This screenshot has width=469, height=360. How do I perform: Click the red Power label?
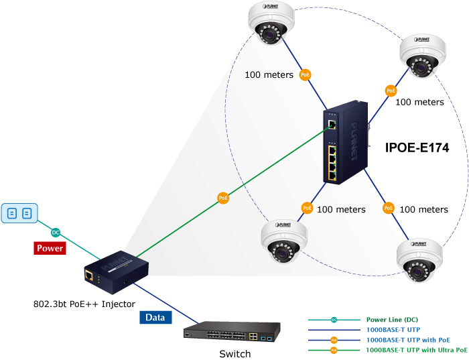(50, 248)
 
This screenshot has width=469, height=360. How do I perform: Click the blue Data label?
(155, 318)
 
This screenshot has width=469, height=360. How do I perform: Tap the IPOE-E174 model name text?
(417, 147)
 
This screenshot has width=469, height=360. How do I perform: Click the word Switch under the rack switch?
(235, 354)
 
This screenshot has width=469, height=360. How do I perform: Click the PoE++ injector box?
(116, 269)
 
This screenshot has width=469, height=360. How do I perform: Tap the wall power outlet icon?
(18, 213)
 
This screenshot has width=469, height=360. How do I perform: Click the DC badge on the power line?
(55, 232)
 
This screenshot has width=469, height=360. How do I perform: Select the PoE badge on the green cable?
(223, 198)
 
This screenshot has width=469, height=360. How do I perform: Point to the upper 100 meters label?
(419, 103)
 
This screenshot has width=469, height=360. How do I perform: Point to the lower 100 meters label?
(423, 209)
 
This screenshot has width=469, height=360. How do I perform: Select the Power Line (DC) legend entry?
(392, 320)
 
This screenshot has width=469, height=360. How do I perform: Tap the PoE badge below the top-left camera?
(305, 74)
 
